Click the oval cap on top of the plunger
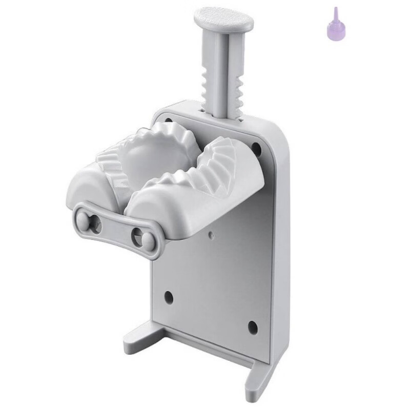[223, 19]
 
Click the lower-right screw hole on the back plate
[252, 325]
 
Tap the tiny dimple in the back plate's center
[211, 235]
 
